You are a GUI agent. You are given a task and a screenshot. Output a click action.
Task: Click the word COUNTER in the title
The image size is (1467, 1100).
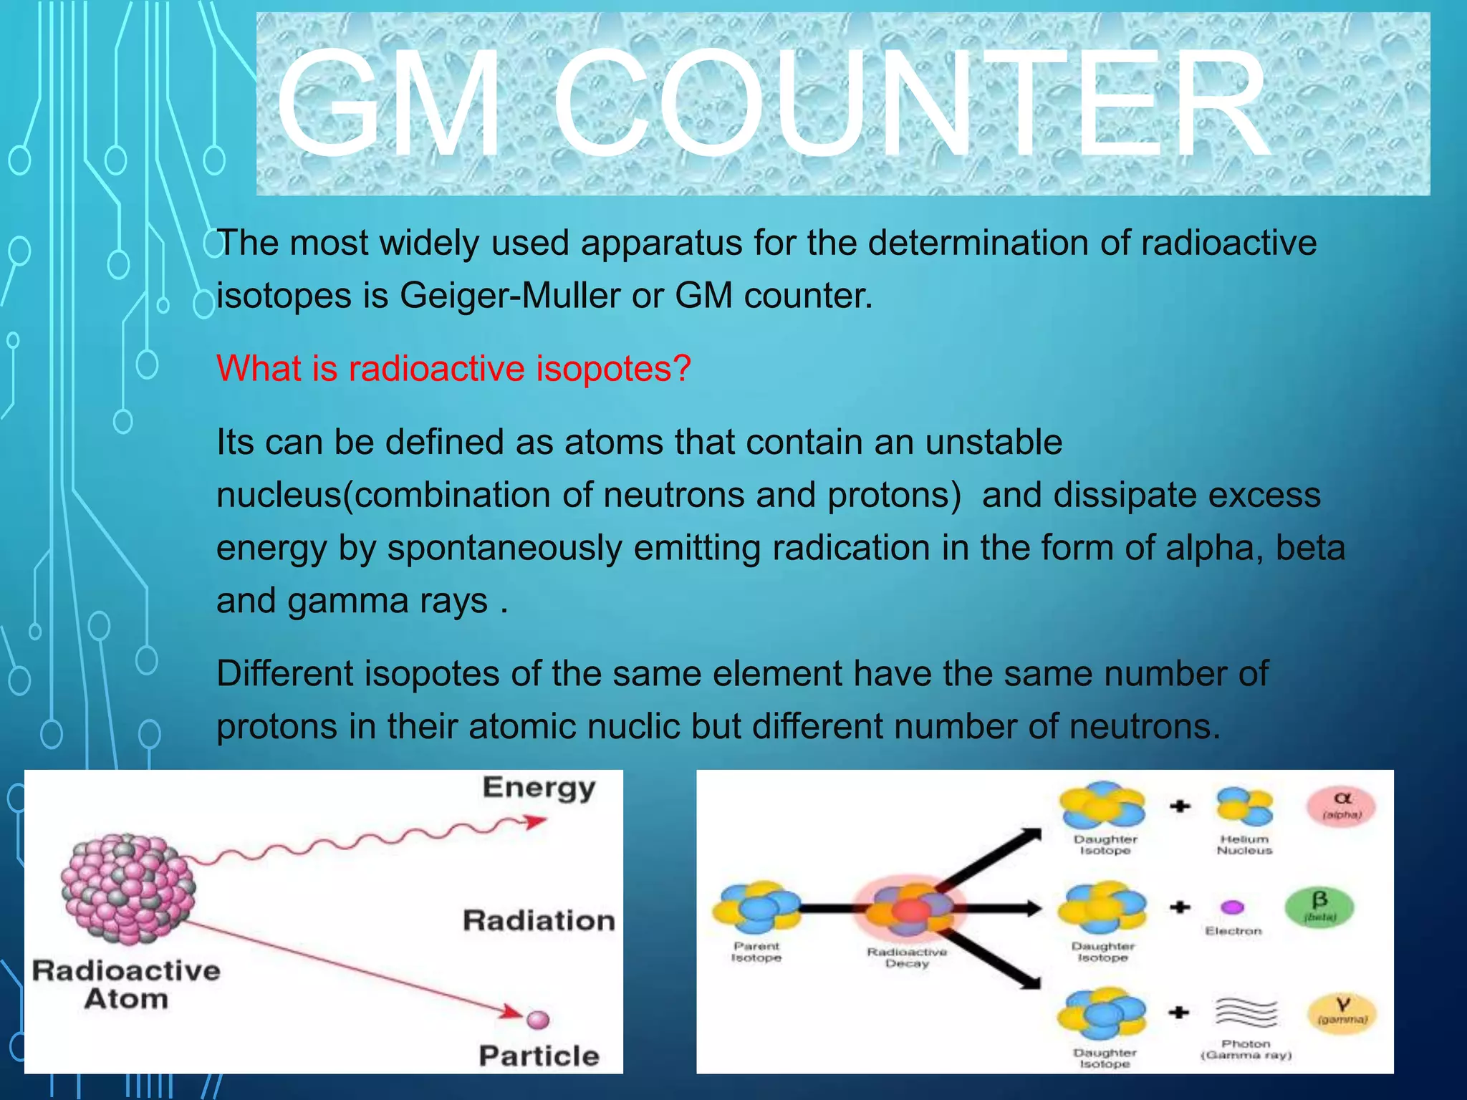pos(910,104)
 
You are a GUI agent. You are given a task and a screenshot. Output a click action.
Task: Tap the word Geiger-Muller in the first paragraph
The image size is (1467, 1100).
pos(509,295)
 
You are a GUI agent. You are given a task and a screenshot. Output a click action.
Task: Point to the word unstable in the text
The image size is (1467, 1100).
pos(994,442)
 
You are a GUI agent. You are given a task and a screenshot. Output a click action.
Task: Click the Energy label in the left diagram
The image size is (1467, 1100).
pos(539,787)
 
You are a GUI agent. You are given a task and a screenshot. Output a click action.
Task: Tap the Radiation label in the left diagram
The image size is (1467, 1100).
pos(539,920)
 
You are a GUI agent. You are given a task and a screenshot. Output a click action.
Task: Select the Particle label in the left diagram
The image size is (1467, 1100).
pos(539,1056)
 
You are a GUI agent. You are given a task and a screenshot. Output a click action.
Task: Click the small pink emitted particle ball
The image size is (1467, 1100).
pos(537,1019)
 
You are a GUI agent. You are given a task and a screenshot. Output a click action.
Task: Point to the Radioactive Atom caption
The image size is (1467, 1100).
pos(126,985)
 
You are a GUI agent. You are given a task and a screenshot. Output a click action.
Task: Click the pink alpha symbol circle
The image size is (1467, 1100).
pos(1342,805)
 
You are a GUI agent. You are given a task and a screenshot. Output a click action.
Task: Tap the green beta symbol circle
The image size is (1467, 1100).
pos(1319,907)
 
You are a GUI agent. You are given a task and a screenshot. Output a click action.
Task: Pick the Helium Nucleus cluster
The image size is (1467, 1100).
pos(1245,806)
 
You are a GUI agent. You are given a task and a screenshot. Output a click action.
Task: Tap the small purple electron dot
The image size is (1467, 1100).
pos(1232,907)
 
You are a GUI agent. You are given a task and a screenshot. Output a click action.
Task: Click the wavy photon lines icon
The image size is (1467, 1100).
pos(1246,1013)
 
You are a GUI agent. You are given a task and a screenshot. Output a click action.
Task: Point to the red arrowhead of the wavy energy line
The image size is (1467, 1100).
pos(534,821)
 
